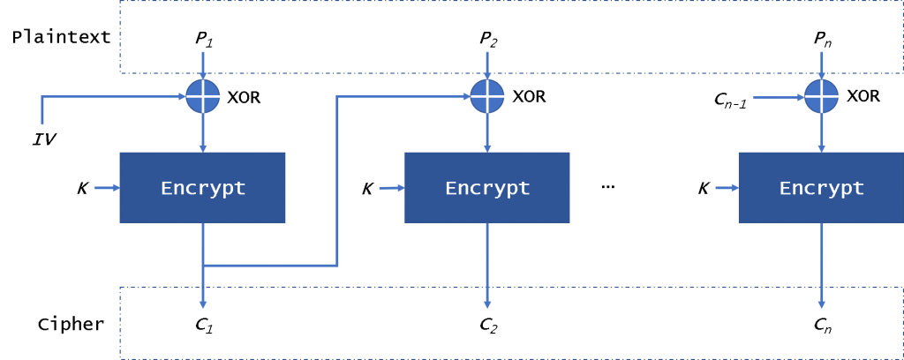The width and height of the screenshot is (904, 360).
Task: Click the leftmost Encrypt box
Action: click(x=202, y=187)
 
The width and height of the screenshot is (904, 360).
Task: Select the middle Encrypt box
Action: click(x=486, y=187)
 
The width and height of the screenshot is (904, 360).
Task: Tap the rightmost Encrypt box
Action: click(x=820, y=187)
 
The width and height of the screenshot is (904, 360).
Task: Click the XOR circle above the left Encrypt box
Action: click(x=203, y=96)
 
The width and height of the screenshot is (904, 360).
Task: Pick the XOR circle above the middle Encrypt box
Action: click(x=487, y=96)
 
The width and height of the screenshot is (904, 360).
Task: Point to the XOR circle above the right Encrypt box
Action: click(x=822, y=96)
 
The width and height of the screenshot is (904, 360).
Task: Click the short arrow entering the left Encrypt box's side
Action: click(x=107, y=187)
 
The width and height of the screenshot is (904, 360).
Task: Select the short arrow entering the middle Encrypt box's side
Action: click(x=392, y=187)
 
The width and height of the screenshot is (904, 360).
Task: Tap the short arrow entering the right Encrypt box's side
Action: click(x=727, y=187)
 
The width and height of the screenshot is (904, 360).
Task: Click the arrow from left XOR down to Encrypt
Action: click(x=203, y=133)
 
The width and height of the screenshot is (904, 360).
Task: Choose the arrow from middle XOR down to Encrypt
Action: click(x=487, y=133)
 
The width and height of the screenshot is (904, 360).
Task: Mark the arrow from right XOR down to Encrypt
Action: click(x=822, y=133)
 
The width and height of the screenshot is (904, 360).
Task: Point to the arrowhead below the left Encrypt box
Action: click(x=203, y=304)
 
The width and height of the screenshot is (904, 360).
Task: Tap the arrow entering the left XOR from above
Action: click(x=203, y=64)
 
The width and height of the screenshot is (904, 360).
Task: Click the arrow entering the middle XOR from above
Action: click(x=487, y=64)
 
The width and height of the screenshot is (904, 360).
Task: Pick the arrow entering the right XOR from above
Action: click(x=822, y=64)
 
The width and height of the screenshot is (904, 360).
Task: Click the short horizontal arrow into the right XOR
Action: click(x=777, y=97)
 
